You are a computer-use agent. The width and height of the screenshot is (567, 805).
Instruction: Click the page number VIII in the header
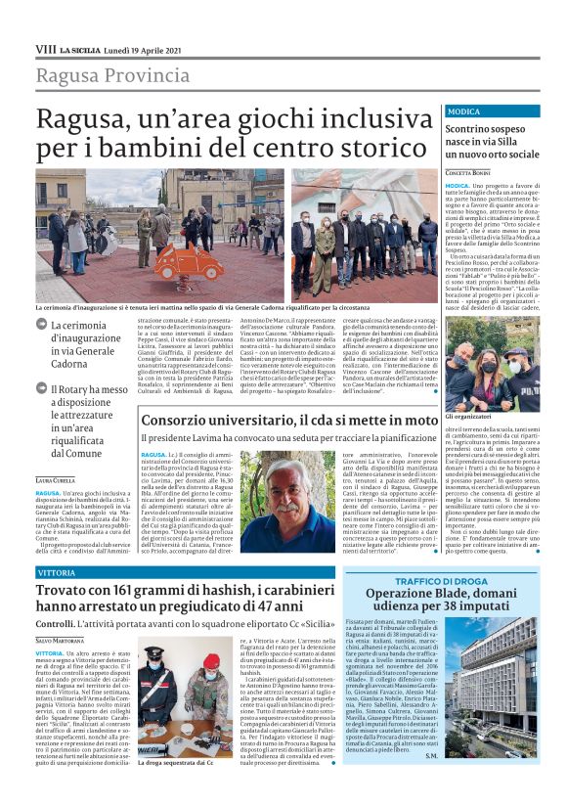[x=45, y=48]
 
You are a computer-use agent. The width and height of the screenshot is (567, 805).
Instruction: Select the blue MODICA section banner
[x=492, y=112]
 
